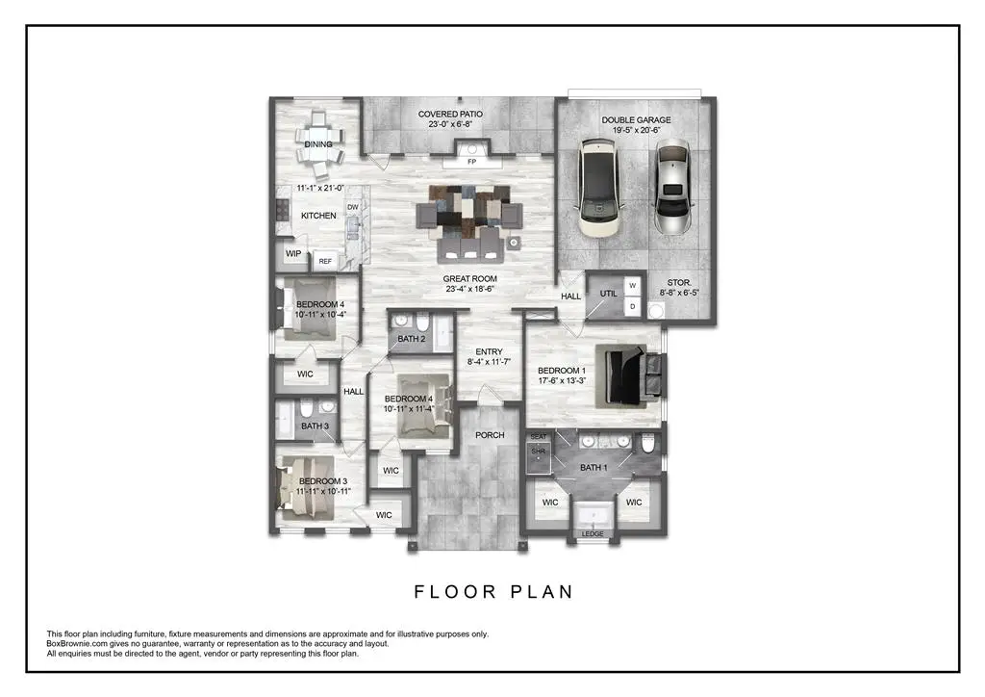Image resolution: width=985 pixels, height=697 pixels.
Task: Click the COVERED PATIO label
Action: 450,115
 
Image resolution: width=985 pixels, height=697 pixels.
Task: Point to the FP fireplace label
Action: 471,162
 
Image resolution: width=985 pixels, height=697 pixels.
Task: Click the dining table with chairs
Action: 318,144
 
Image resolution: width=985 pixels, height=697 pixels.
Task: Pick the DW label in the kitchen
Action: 352,207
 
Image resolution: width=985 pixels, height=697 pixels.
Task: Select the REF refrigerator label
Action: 325,261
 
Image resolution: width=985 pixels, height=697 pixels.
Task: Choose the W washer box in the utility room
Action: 632,286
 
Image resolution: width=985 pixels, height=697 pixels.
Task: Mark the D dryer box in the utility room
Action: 632,307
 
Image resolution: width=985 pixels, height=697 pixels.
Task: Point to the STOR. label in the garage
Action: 682,282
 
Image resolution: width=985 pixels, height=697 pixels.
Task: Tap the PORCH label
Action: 490,435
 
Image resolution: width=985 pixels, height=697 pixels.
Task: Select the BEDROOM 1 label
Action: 560,371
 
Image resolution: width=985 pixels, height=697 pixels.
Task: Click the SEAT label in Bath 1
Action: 538,437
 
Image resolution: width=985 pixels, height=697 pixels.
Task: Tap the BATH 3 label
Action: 315,426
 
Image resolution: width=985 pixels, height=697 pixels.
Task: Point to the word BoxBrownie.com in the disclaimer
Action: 79,644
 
